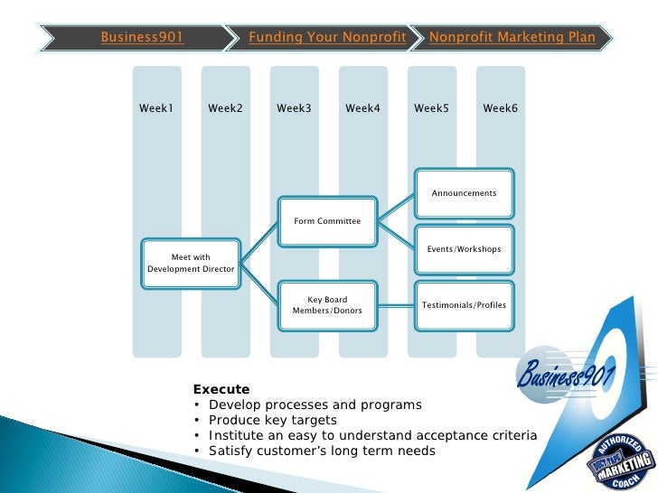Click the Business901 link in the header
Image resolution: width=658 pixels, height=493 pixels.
tap(142, 38)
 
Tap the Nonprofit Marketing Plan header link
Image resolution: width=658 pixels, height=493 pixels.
tap(512, 38)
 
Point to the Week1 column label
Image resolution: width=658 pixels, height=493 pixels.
tap(156, 108)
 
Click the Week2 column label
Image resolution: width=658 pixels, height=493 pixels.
tap(225, 108)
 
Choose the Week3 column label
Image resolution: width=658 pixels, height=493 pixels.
tap(294, 108)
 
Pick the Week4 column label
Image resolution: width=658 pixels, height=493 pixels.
tap(362, 108)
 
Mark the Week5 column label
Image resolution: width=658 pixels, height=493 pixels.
tap(431, 108)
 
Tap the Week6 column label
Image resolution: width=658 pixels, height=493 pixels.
tap(500, 108)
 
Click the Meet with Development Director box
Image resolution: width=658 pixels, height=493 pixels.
tap(191, 264)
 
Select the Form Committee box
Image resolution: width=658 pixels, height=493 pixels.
tap(327, 221)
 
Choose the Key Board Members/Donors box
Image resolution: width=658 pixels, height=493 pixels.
tap(327, 305)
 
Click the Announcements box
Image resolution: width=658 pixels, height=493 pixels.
tap(464, 193)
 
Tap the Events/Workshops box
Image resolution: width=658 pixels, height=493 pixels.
tap(464, 249)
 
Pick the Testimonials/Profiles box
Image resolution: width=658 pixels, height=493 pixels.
tap(464, 305)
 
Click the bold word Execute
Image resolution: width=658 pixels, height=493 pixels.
tap(221, 390)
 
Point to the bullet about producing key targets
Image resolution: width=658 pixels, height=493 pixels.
tap(272, 420)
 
